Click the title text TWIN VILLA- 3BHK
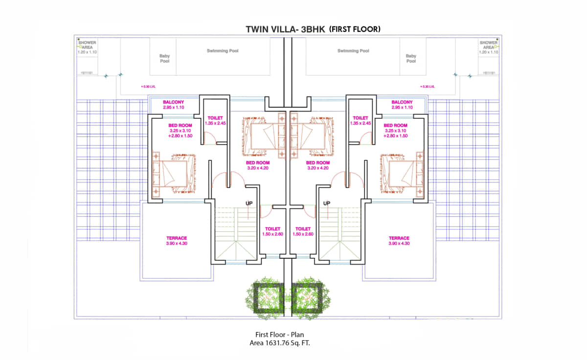[x=285, y=29]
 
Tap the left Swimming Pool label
[x=223, y=51]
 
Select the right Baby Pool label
[x=411, y=58]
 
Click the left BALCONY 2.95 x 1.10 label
[x=173, y=105]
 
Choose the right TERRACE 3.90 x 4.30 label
[x=399, y=241]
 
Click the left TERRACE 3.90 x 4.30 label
[x=177, y=241]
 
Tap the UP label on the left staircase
[x=249, y=203]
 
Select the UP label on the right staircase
[x=327, y=203]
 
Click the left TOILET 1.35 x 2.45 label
[x=215, y=120]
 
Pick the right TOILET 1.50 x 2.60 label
[x=303, y=231]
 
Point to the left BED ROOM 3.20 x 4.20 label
[x=258, y=165]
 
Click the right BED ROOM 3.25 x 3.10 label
[x=395, y=131]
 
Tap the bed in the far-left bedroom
[x=174, y=174]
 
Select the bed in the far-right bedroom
[x=402, y=174]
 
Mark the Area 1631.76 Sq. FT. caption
[x=280, y=343]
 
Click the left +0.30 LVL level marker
[x=148, y=87]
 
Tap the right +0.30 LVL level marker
[x=428, y=87]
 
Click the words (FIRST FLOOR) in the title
[x=355, y=29]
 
